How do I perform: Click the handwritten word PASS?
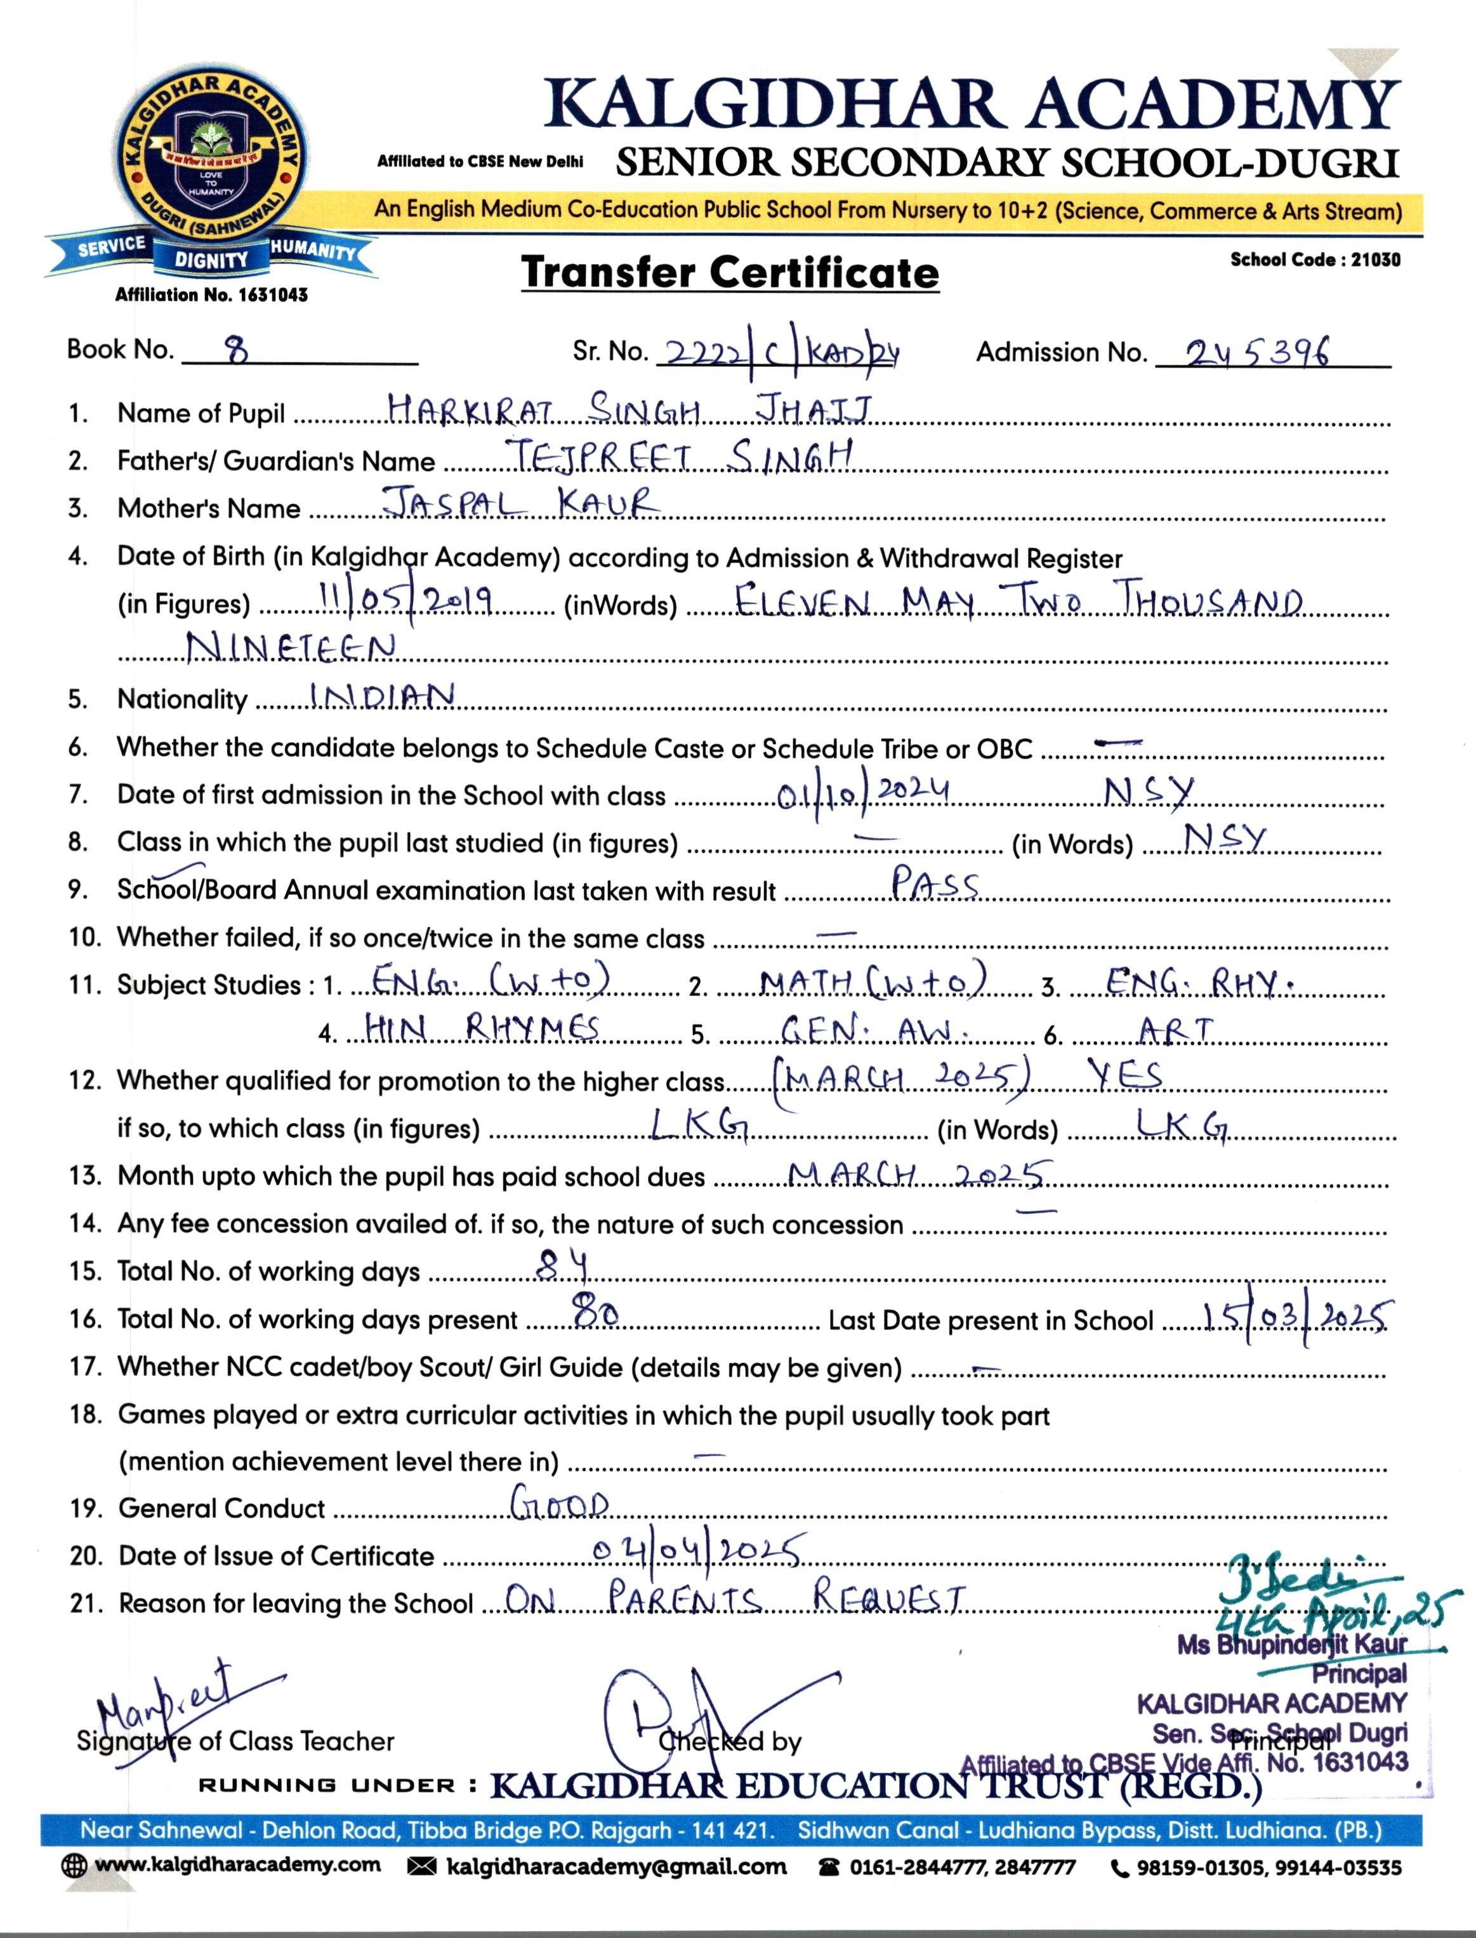point(935,882)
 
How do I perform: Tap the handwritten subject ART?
point(1175,1029)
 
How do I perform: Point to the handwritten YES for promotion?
point(1126,1075)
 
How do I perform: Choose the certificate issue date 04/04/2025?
point(695,1553)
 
